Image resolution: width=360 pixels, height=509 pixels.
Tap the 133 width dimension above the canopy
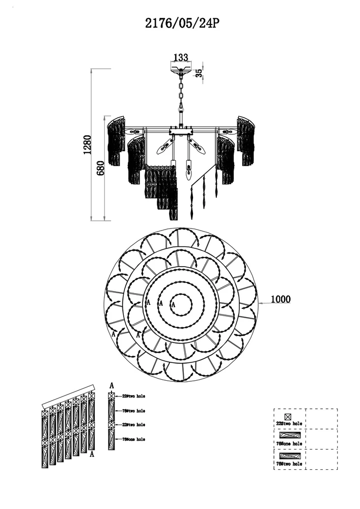[x=181, y=58]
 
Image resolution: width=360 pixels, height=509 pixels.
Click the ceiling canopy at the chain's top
[x=181, y=70]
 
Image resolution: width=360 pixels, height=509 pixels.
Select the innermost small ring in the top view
[x=181, y=305]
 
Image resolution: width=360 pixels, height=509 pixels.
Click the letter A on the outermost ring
[x=113, y=334]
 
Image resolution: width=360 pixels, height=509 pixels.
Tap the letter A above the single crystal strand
[x=112, y=386]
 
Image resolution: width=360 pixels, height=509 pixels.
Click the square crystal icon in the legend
[x=288, y=416]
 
